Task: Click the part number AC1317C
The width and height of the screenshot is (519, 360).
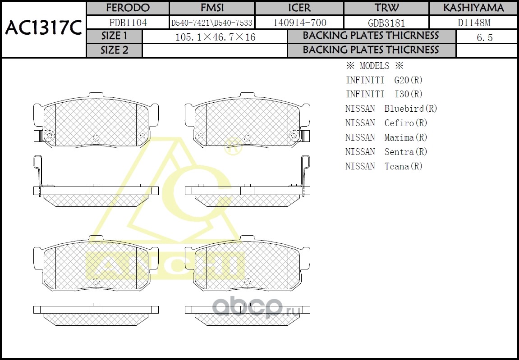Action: tap(43, 28)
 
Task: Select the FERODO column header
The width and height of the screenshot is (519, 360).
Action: tap(128, 8)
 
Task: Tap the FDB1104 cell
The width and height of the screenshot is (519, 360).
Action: tap(128, 23)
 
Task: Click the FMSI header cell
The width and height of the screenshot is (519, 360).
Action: tap(212, 8)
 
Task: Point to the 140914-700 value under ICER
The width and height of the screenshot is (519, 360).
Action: tap(299, 23)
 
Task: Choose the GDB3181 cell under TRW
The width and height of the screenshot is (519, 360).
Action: tap(386, 23)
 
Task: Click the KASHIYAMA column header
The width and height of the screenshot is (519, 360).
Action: tap(473, 8)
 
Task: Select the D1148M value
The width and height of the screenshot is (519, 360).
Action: tap(474, 23)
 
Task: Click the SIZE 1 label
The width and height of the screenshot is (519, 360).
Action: tap(114, 36)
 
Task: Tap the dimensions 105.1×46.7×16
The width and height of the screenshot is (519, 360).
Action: tap(215, 37)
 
